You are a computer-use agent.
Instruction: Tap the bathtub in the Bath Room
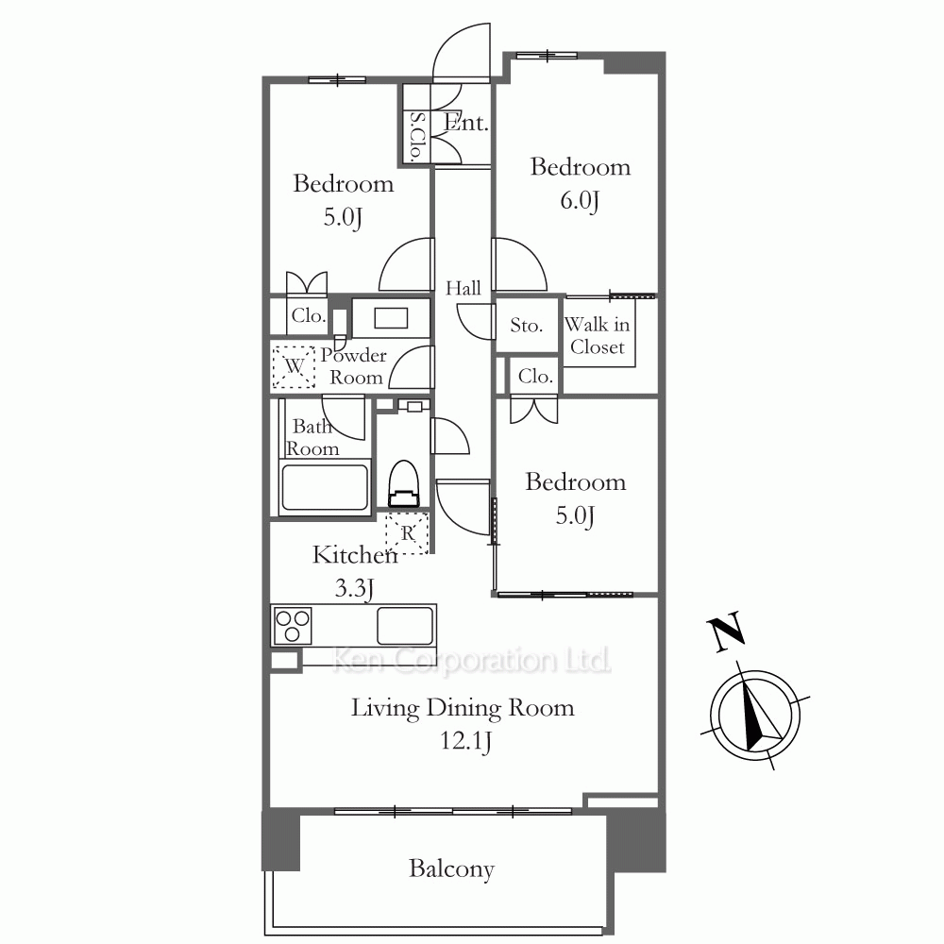(x=325, y=487)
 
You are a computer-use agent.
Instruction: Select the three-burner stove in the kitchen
(x=293, y=626)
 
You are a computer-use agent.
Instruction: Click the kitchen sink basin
(x=405, y=626)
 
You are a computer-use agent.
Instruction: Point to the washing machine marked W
(x=294, y=366)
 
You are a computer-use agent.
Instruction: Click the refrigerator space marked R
(x=407, y=532)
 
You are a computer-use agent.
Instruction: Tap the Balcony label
(x=451, y=868)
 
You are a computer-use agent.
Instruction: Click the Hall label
(x=463, y=288)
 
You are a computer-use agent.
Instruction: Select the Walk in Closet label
(x=598, y=335)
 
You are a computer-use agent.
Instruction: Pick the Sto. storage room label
(x=526, y=325)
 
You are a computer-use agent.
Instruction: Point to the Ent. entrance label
(x=465, y=123)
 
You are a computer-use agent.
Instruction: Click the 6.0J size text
(x=580, y=200)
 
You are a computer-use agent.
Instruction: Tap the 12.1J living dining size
(x=465, y=740)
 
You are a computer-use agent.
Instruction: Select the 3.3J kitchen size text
(x=354, y=587)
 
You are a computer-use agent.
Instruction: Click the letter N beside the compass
(x=727, y=632)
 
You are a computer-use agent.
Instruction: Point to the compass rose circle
(x=755, y=716)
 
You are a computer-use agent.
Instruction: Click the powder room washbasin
(x=391, y=318)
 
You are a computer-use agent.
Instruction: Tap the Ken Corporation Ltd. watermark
(x=471, y=661)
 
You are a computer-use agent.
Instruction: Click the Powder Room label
(x=353, y=366)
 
